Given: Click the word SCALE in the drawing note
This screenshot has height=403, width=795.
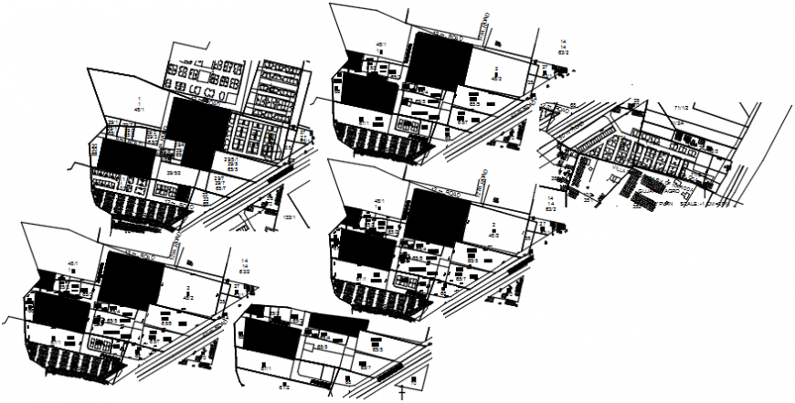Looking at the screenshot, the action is [x=692, y=206].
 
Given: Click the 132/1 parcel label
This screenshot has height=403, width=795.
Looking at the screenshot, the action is [x=290, y=217].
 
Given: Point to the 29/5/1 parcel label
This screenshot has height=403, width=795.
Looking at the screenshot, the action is [x=229, y=158].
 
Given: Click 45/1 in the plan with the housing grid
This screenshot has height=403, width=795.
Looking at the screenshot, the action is [x=140, y=109].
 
